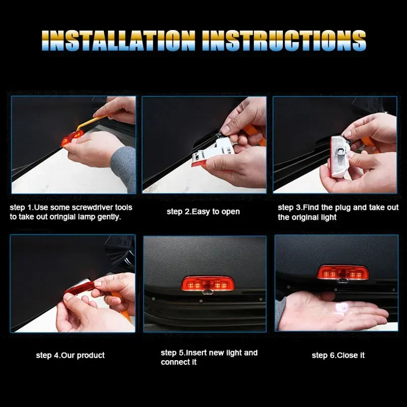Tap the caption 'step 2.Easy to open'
(203, 212)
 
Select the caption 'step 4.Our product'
(70, 355)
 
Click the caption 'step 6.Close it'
(338, 355)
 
